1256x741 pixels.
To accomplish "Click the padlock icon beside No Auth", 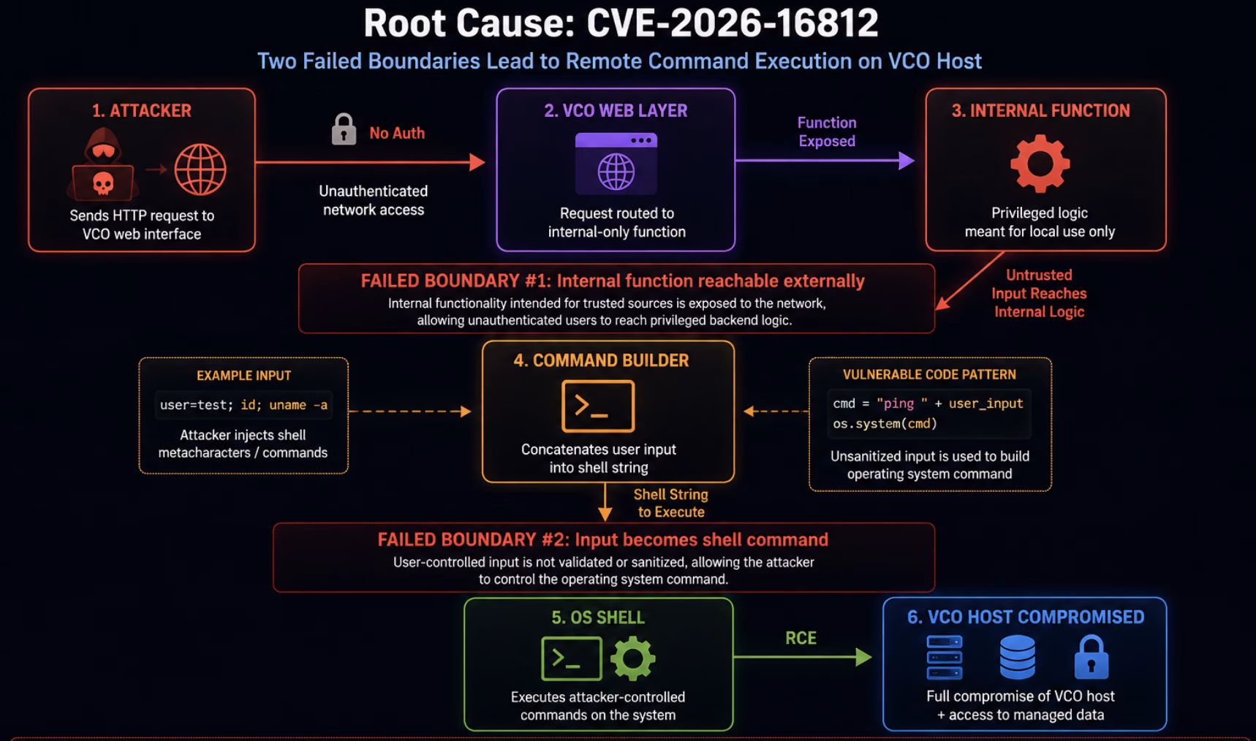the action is pyautogui.click(x=344, y=129).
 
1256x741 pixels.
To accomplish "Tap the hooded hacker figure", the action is pyautogui.click(x=103, y=164).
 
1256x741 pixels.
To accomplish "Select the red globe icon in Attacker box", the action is pyautogui.click(x=200, y=170).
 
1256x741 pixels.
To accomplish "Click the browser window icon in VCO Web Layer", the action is pyautogui.click(x=616, y=164).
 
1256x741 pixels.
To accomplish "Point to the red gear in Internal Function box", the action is pyautogui.click(x=1040, y=164).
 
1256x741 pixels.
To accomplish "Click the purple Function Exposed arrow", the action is pyautogui.click(x=825, y=160).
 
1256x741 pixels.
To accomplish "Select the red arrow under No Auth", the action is pyautogui.click(x=370, y=162).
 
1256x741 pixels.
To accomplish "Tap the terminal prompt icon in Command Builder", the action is pyautogui.click(x=598, y=406).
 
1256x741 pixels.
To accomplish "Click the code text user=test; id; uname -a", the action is pyautogui.click(x=243, y=405).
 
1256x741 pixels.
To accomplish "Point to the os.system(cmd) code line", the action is pyautogui.click(x=885, y=424).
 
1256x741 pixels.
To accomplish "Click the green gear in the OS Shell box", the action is pyautogui.click(x=633, y=658).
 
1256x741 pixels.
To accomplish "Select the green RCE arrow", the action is pyautogui.click(x=803, y=657).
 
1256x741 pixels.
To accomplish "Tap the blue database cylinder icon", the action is pyautogui.click(x=1017, y=657).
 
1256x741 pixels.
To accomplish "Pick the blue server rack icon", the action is pyautogui.click(x=945, y=657).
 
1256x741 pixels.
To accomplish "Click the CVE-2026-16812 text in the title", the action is pyautogui.click(x=733, y=23).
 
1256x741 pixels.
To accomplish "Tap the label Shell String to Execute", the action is pyautogui.click(x=671, y=503).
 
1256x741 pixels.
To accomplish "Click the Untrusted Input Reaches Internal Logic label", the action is pyautogui.click(x=1039, y=293).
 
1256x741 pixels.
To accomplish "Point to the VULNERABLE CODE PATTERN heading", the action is pyautogui.click(x=929, y=375).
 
